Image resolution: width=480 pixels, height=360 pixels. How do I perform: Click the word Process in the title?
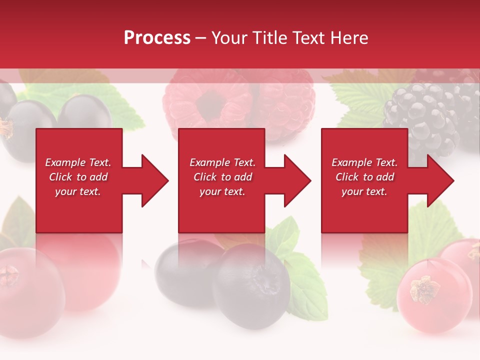(x=157, y=38)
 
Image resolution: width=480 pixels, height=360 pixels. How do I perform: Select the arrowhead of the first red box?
(x=152, y=180)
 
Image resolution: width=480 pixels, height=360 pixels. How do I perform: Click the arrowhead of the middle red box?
(x=295, y=180)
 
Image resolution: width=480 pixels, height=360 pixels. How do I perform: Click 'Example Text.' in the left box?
(x=78, y=162)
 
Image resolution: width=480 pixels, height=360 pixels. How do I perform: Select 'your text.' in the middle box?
(x=222, y=191)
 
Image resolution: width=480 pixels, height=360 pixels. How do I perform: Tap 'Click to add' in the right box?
(x=364, y=177)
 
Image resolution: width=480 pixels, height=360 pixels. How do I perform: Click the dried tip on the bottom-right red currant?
(x=425, y=289)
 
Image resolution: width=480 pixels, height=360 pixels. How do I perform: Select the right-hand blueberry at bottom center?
(x=252, y=285)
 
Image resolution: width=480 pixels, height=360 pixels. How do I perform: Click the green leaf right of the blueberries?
(x=305, y=280)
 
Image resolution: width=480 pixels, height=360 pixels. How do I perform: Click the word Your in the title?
(x=231, y=38)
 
